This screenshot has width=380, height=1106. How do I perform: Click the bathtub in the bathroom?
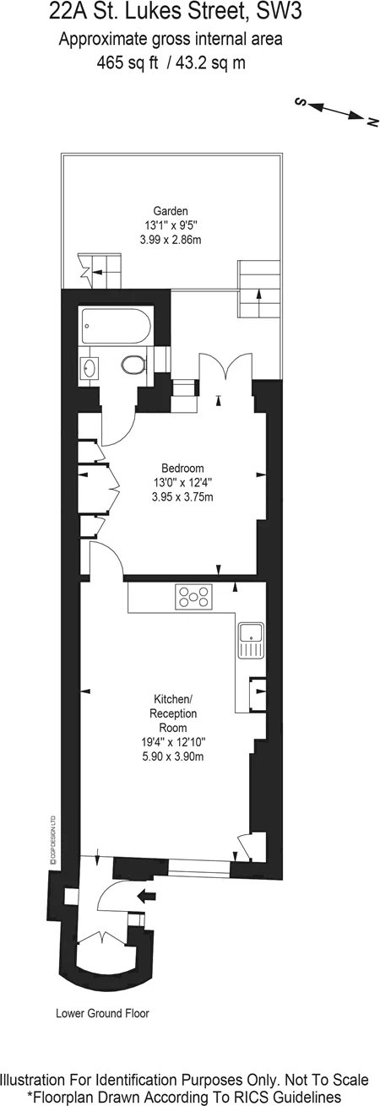pyautogui.click(x=117, y=325)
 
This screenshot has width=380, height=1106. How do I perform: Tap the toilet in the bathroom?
pyautogui.click(x=134, y=366)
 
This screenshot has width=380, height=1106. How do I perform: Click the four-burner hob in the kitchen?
pyautogui.click(x=193, y=596)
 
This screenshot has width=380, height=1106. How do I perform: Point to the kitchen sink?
pyautogui.click(x=251, y=640)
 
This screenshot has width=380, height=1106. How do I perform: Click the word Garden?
pyautogui.click(x=170, y=211)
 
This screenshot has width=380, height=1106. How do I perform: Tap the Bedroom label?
pyautogui.click(x=182, y=468)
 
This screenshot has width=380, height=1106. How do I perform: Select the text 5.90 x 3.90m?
pyautogui.click(x=172, y=756)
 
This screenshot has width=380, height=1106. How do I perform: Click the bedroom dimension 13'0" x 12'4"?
pyautogui.click(x=182, y=482)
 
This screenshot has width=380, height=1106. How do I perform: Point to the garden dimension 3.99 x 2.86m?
pyautogui.click(x=171, y=240)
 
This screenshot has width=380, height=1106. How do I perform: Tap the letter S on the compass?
pyautogui.click(x=300, y=101)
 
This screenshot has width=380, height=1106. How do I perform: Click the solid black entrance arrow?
pyautogui.click(x=146, y=895)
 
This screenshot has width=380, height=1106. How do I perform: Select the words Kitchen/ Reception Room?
pyautogui.click(x=172, y=713)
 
